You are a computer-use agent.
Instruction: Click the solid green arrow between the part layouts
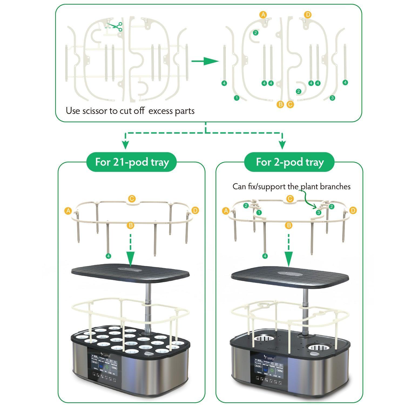[x=205, y=61]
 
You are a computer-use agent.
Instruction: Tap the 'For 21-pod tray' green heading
[x=132, y=162]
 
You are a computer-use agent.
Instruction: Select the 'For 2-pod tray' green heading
[x=289, y=162]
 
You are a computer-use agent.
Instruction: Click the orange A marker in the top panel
[x=263, y=15]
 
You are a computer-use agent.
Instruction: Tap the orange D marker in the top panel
[x=308, y=15]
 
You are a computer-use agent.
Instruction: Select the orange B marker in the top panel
[x=281, y=104]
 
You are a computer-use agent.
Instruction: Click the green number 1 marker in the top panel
[x=237, y=98]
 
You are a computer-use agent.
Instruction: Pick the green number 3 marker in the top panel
[x=332, y=98]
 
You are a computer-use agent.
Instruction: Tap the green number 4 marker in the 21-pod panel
[x=109, y=256]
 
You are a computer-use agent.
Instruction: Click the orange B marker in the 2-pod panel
[x=289, y=225]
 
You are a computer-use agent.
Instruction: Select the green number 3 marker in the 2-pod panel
[x=319, y=212]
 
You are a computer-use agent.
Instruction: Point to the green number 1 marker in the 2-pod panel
[x=259, y=212]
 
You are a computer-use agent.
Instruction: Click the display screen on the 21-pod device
[x=104, y=369]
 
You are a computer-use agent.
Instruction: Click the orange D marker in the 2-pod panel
[x=353, y=210]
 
